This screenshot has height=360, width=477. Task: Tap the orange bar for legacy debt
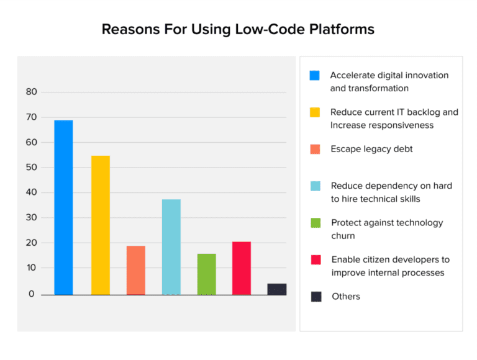136,270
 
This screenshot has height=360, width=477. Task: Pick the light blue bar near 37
171,246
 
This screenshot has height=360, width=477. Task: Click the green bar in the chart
207,274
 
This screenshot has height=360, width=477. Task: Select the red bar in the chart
242,268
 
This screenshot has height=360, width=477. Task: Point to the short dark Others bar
277,289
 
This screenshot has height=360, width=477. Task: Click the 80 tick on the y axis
32,92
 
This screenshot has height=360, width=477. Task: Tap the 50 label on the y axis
32,168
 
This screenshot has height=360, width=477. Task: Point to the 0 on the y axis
32,294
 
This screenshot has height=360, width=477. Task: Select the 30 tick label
32,218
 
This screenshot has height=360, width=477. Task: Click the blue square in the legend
315,76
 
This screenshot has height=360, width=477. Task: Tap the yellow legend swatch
315,112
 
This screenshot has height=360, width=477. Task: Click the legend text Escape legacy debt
371,149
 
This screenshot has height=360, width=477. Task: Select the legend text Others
345,297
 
